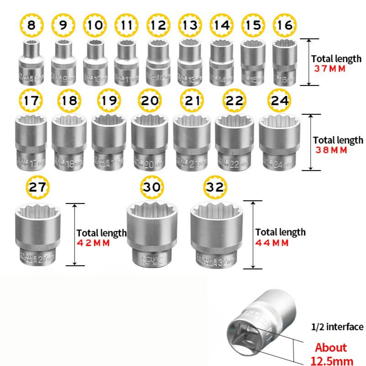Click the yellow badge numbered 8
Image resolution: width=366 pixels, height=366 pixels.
point(31,25)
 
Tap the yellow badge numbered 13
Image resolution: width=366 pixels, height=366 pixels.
point(189,25)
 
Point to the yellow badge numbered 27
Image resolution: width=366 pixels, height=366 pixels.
point(38,188)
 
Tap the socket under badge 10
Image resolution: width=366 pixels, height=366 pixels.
point(95,63)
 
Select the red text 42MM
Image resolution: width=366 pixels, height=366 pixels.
point(93,243)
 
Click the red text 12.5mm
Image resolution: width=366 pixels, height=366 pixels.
point(332,360)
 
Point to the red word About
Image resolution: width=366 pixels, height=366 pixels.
point(331,348)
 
